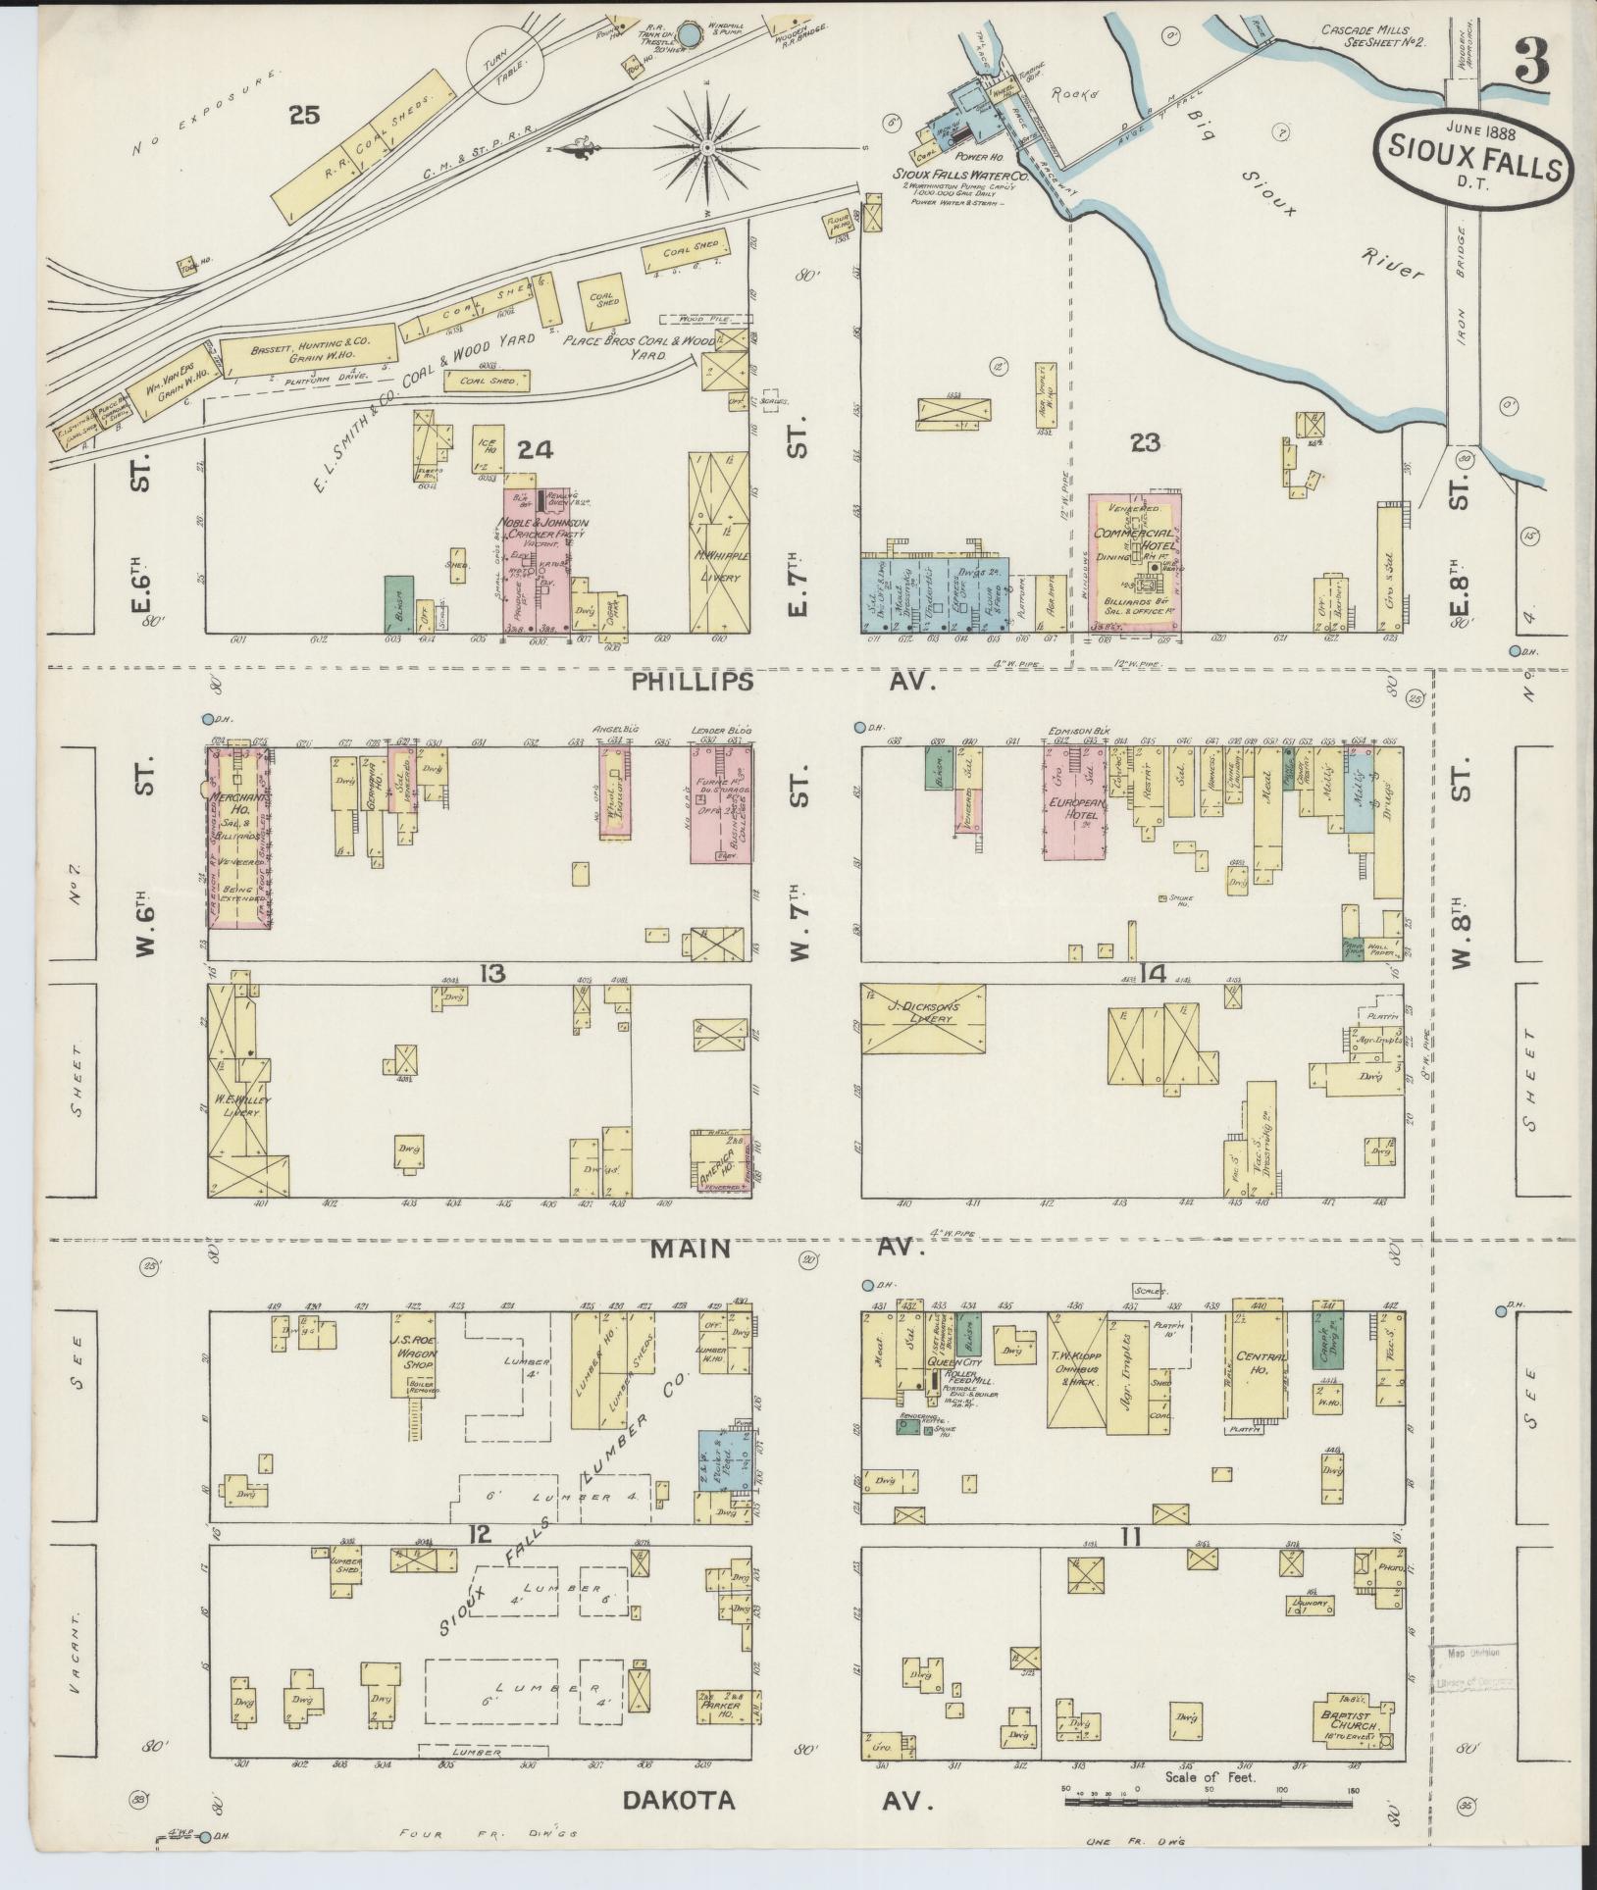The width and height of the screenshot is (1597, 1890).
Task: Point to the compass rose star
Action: pos(707,147)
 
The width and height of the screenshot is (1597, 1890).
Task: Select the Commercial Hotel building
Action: pos(1133,564)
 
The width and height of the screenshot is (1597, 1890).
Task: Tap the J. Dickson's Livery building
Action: pos(922,1018)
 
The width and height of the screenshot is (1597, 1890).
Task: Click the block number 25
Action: pos(304,116)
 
